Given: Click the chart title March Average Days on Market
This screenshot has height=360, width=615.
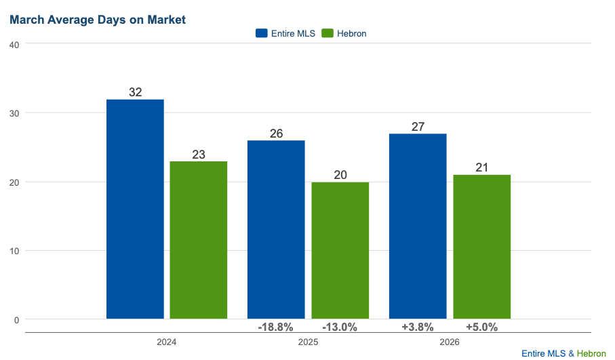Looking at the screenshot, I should [x=98, y=20].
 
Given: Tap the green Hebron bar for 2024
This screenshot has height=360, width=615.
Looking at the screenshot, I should [x=199, y=240].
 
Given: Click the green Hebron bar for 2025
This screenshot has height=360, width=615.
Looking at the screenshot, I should [x=340, y=250].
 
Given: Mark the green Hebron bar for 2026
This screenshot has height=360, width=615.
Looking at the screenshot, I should [x=482, y=247].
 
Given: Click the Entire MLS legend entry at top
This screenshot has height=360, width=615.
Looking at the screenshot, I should [x=285, y=33].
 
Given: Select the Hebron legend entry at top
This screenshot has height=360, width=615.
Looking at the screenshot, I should [x=344, y=33].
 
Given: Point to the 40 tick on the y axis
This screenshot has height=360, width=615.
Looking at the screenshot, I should [x=14, y=44].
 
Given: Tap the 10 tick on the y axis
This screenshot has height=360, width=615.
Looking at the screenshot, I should [x=14, y=251].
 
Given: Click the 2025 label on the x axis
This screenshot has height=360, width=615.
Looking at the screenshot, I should [x=308, y=342].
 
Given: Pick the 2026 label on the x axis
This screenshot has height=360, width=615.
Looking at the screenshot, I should [x=450, y=342].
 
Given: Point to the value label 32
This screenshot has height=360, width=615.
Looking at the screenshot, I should [x=135, y=92].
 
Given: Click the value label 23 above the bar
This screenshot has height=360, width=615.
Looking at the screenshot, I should [x=199, y=155].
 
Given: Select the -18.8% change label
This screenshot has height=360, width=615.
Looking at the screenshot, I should [x=275, y=327].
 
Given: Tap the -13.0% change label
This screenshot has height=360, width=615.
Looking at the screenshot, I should [x=340, y=327].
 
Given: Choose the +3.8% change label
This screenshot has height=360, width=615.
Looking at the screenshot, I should [x=418, y=327].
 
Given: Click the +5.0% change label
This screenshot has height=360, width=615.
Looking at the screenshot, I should [x=481, y=327].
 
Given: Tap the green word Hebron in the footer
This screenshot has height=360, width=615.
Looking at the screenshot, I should [x=591, y=353].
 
